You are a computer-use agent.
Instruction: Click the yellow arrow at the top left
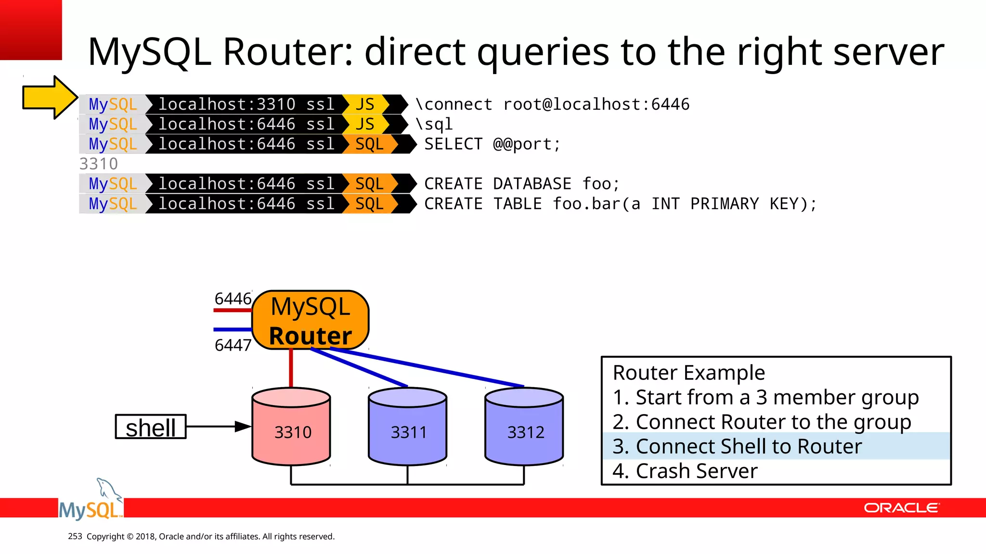[x=48, y=98]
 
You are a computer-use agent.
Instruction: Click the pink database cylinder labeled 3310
[x=291, y=427]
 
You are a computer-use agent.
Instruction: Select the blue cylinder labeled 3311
[x=408, y=427]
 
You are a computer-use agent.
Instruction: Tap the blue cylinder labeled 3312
[x=524, y=427]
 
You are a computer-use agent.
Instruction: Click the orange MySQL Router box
[x=311, y=320]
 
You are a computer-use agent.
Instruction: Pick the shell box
[x=151, y=427]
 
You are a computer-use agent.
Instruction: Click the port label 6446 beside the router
[x=233, y=299]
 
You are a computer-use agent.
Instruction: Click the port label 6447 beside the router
[x=233, y=345]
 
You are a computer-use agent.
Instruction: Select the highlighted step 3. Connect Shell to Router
[x=737, y=446]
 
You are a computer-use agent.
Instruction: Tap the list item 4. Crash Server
[x=685, y=471]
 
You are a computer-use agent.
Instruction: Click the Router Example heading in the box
[x=688, y=373]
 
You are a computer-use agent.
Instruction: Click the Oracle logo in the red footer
[x=901, y=508]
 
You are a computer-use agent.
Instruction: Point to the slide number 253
[x=75, y=536]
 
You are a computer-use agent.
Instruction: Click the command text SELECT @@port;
[x=492, y=144]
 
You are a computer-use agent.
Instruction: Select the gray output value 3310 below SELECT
[x=99, y=164]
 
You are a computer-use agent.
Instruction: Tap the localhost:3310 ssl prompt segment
[x=246, y=104]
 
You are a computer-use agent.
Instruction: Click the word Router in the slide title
[x=288, y=52]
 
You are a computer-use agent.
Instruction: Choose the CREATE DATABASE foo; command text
[x=521, y=184]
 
